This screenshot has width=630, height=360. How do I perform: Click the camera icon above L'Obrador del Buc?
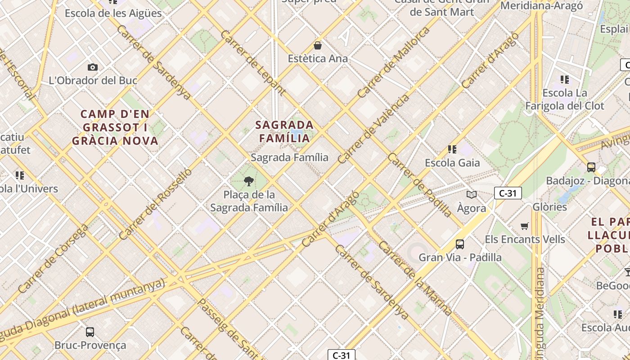tap(93, 67)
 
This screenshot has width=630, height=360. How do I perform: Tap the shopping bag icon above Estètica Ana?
tap(318, 45)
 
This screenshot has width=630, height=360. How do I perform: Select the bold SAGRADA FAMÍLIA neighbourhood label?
tap(284, 131)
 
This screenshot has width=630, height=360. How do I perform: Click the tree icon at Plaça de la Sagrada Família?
tap(248, 181)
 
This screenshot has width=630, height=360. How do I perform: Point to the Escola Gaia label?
tap(452, 162)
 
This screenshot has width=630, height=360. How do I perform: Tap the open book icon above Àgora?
tap(471, 194)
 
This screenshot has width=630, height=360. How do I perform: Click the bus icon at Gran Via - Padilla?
tap(459, 244)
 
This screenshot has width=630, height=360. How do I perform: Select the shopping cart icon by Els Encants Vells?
tap(524, 226)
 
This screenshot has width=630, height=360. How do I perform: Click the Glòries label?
tap(549, 207)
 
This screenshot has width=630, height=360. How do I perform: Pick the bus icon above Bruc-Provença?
tap(90, 332)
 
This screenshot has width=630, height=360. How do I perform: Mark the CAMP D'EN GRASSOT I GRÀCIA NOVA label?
tap(116, 127)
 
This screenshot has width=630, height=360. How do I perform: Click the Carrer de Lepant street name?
tap(253, 63)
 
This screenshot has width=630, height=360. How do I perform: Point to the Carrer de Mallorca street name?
tap(394, 63)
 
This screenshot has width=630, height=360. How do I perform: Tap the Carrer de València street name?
tap(373, 129)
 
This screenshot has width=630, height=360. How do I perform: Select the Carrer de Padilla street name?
tap(419, 185)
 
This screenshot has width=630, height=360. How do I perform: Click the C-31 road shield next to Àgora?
tap(508, 193)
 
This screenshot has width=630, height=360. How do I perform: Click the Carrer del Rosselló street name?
tap(155, 204)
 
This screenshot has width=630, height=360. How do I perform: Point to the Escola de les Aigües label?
tap(113, 13)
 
